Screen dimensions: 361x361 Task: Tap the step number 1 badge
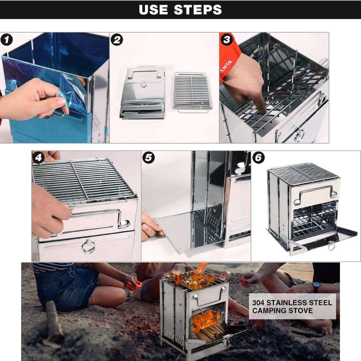click(7, 40)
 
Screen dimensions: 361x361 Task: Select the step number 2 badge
click(117, 40)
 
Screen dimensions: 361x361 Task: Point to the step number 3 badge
click(226, 40)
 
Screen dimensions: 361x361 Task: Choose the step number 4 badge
click(38, 158)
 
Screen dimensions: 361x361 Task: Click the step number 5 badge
click(148, 158)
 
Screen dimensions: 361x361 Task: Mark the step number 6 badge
click(258, 158)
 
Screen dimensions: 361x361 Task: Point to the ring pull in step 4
click(88, 246)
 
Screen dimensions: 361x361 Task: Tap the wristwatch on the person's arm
click(316, 286)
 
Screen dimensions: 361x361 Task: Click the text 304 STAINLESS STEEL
click(292, 303)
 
